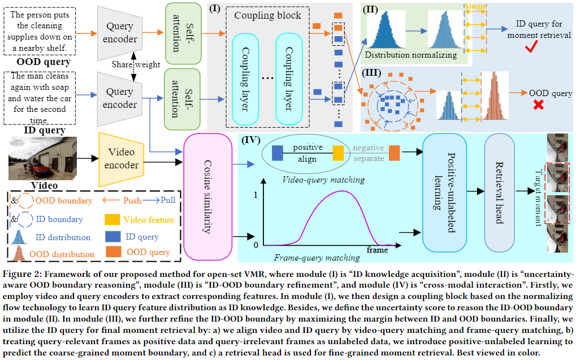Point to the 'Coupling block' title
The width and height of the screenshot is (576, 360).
pyautogui.click(x=267, y=15)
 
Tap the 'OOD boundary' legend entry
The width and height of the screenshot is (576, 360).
pyautogui.click(x=57, y=201)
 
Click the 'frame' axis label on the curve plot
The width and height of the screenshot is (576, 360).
pyautogui.click(x=377, y=249)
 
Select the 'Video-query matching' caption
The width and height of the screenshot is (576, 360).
pyautogui.click(x=323, y=179)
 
